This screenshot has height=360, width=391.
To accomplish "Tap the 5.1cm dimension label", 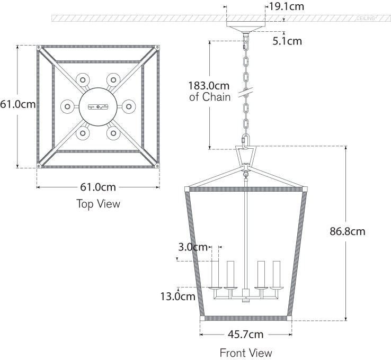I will coord(287,41).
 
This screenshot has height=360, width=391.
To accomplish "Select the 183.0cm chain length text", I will coord(210,85).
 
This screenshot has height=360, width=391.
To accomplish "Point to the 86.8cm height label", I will coord(347,231).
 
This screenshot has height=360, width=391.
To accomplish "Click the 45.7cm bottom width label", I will coord(245,334).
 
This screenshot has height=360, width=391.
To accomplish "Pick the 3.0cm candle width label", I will coord(193,247).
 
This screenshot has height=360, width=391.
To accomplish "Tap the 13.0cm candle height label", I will coord(178,296).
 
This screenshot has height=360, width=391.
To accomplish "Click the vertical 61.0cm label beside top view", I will coord(18,104).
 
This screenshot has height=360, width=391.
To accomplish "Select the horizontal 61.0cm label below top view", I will coord(97,187).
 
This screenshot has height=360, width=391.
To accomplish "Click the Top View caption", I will coord(98,204).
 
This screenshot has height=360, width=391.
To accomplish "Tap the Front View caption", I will coord(246,353).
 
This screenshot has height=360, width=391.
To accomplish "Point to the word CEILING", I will coord(366,19).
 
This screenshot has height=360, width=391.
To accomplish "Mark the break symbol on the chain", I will coord(246,94).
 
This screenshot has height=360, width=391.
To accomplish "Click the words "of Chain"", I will coord(210,97).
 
